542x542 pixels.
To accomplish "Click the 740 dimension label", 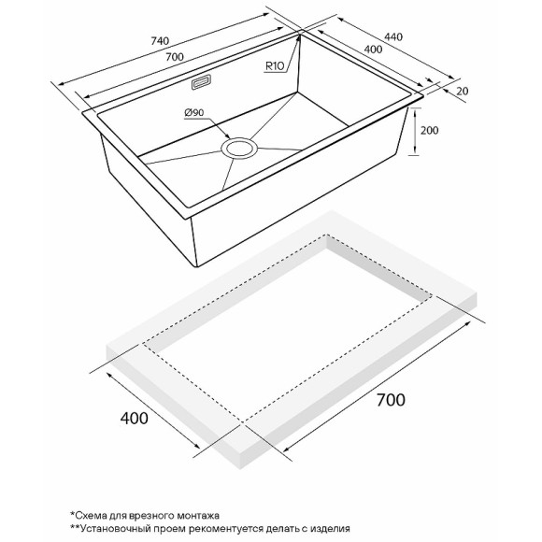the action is (x=160, y=41).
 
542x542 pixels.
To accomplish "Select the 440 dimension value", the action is (x=393, y=36).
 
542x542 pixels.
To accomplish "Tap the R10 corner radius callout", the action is (x=275, y=65).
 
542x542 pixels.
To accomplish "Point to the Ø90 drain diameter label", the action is (x=194, y=112).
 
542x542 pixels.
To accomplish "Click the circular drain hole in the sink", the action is (x=239, y=149).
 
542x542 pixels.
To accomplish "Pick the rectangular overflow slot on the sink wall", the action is (x=201, y=82).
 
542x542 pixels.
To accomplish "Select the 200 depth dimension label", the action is (x=429, y=130).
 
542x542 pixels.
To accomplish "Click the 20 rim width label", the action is (x=462, y=91).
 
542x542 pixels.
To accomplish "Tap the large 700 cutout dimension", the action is (x=391, y=400).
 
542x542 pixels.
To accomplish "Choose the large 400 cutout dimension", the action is (x=135, y=419).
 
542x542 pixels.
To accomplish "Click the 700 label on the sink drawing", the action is (x=175, y=57).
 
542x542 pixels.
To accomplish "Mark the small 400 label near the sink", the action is (x=373, y=50).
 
